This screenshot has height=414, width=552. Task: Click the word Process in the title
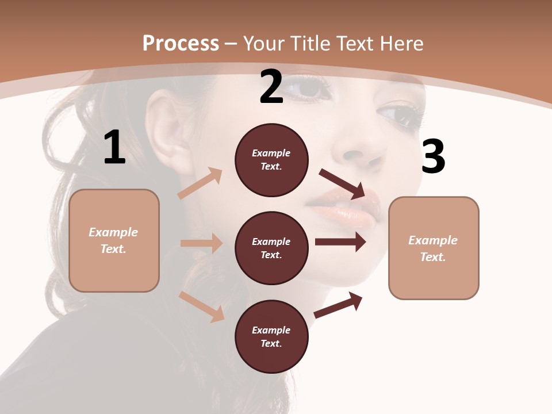181,44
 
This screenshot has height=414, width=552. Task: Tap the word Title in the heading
308,44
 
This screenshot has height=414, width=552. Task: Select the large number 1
114,148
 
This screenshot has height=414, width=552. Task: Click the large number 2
271,87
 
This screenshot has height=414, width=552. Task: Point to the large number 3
433,156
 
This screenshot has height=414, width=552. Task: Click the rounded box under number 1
114,240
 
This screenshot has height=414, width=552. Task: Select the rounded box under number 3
434,248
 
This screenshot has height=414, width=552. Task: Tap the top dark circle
271,160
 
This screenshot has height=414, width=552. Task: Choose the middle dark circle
271,248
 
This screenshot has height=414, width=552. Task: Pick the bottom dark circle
271,337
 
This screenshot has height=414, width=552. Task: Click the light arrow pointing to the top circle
201,183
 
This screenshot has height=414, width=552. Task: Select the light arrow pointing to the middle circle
201,243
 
